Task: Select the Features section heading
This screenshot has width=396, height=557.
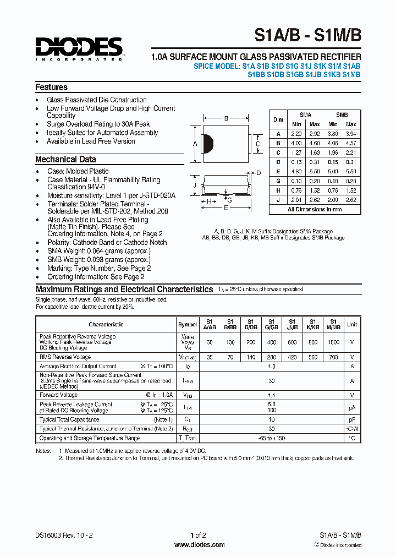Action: (x=51, y=88)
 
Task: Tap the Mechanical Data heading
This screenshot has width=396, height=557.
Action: (x=65, y=160)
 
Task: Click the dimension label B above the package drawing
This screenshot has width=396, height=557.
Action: (x=226, y=118)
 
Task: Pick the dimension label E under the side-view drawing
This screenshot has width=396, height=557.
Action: (x=226, y=208)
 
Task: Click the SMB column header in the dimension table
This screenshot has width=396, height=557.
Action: (x=342, y=115)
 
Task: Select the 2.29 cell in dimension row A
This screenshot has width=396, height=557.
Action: (x=297, y=134)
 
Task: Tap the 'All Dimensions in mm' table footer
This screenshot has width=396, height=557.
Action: (x=315, y=209)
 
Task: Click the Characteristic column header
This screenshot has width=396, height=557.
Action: (x=106, y=324)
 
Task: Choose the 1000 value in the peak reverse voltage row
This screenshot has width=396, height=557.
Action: (x=333, y=342)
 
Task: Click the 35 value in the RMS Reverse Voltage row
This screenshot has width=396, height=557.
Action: (x=210, y=357)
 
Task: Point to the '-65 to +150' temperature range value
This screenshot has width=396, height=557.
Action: (x=271, y=438)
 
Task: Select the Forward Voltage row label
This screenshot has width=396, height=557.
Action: (x=59, y=395)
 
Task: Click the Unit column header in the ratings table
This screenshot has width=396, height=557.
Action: (x=352, y=324)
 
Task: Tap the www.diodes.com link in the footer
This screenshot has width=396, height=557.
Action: (x=199, y=545)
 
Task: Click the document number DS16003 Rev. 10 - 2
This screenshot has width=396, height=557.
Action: (x=61, y=535)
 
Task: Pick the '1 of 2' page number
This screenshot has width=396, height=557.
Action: (x=198, y=535)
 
